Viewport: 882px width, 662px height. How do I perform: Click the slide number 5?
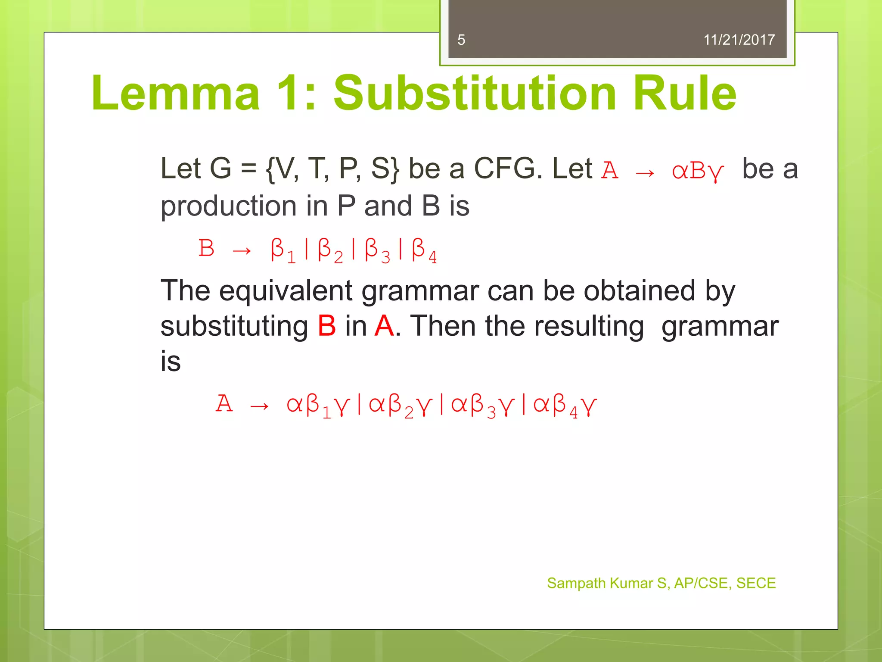tap(461, 40)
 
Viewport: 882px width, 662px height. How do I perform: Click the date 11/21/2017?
tap(739, 40)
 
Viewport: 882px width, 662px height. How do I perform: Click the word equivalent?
tap(286, 291)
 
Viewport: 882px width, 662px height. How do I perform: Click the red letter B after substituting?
tap(326, 326)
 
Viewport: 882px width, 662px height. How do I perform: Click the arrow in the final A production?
tap(259, 406)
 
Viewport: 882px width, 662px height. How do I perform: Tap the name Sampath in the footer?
tap(576, 583)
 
